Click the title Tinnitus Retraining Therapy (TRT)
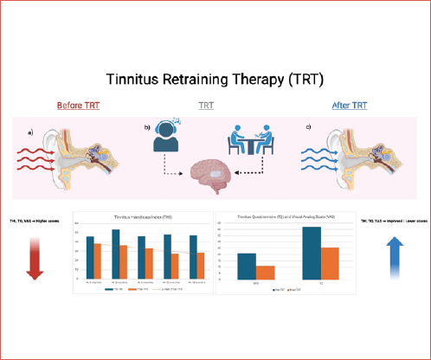tap(215, 79)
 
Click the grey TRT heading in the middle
tap(208, 106)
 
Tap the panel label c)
tap(309, 129)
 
